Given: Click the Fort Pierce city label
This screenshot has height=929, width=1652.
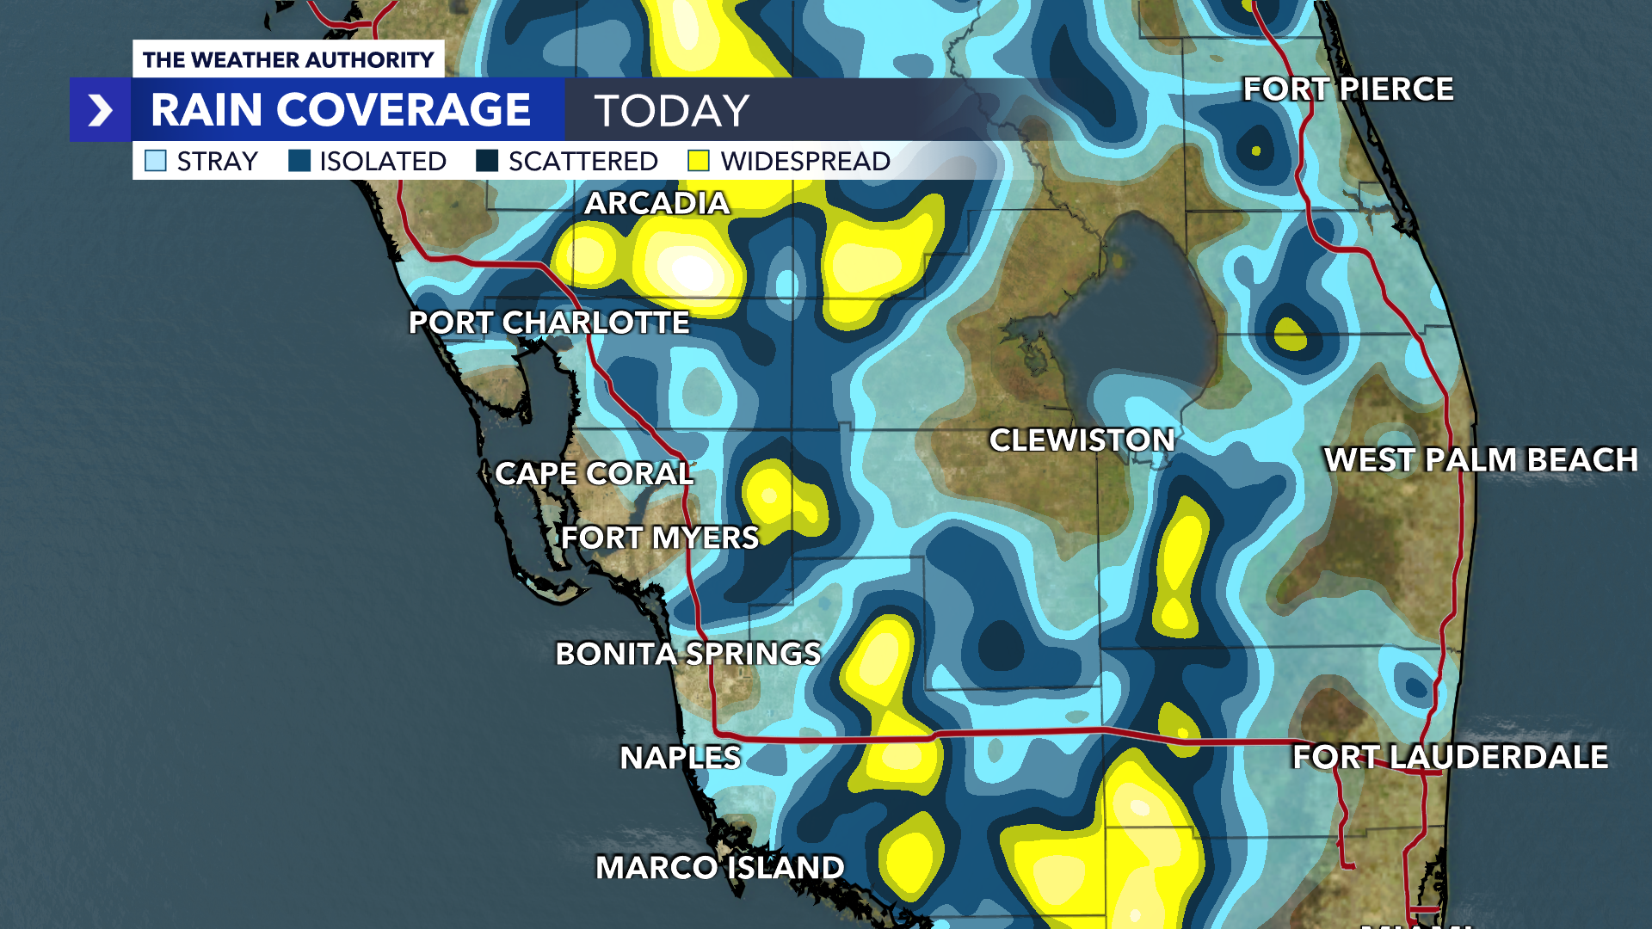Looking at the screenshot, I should click(1347, 89).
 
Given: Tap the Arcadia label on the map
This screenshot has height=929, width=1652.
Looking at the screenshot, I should click(656, 204).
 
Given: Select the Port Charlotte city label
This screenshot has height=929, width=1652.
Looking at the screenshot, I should click(549, 323).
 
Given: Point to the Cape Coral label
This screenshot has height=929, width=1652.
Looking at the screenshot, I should click(594, 474).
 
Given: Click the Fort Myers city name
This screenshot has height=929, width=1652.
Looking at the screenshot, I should click(660, 538).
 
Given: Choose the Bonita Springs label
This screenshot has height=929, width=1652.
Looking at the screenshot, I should click(687, 654).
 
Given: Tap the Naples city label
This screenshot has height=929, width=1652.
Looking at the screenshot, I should click(680, 758).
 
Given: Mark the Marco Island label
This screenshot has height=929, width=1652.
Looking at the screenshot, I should click(719, 867).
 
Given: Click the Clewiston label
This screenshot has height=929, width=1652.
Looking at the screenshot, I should click(1082, 440).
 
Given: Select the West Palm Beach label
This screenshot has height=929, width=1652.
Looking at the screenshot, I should click(1481, 460).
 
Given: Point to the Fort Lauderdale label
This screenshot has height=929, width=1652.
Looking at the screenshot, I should click(1450, 757).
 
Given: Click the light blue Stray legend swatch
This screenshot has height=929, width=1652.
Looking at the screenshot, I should click(156, 161).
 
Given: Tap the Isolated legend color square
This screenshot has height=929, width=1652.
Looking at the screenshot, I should click(299, 161).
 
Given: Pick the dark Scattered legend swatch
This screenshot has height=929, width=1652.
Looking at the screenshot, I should click(487, 161).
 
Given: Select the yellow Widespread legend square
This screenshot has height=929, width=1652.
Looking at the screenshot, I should click(699, 161).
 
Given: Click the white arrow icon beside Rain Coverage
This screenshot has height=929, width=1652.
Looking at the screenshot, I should click(101, 110).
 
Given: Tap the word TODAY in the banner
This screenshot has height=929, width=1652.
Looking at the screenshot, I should click(672, 111).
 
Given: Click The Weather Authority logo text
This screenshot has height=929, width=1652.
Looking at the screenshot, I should click(288, 59).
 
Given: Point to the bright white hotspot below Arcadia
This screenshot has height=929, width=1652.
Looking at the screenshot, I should click(693, 272).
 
